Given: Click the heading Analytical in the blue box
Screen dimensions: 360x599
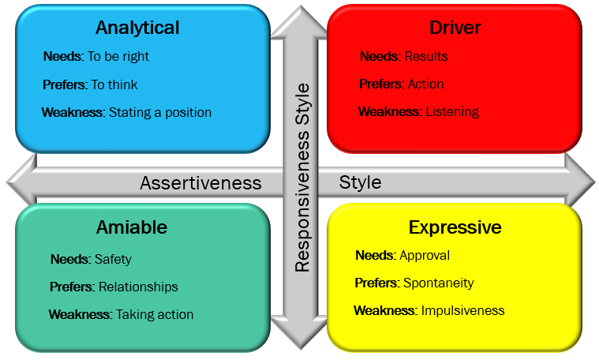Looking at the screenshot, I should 137,28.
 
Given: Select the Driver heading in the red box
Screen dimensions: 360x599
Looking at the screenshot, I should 455,28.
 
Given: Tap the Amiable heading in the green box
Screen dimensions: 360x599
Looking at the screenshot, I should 132,227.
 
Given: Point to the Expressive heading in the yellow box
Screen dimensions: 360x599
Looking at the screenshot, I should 455,227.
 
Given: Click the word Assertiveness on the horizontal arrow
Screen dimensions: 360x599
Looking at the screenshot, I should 200,183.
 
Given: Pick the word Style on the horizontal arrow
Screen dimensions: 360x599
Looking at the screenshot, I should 360,182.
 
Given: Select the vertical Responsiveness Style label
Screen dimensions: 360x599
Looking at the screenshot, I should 302,177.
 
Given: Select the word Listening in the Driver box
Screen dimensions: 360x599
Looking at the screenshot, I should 452,112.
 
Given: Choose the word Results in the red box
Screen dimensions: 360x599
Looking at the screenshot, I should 426,57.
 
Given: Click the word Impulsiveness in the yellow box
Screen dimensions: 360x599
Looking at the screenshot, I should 462,310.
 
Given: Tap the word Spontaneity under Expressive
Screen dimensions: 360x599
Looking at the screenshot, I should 438,283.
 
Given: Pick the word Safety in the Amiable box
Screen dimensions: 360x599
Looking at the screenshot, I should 113,259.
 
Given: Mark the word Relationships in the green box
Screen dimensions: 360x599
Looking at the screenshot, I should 138,287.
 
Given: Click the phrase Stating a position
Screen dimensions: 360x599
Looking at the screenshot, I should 160,112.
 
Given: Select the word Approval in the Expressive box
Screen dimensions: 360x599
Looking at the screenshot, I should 425,255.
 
